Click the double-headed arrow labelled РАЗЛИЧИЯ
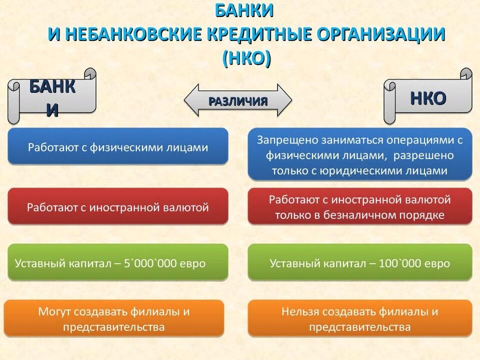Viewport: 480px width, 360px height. click(x=238, y=100)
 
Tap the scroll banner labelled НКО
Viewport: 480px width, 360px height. click(x=428, y=96)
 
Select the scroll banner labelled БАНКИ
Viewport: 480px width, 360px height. click(x=52, y=96)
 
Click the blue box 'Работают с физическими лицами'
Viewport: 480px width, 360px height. click(x=118, y=146)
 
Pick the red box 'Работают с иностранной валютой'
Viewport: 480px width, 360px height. click(x=118, y=206)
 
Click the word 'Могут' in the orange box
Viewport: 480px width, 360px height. click(x=54, y=311)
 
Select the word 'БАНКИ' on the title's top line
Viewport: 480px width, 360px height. click(x=244, y=10)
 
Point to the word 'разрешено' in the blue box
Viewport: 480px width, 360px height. click(x=423, y=155)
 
